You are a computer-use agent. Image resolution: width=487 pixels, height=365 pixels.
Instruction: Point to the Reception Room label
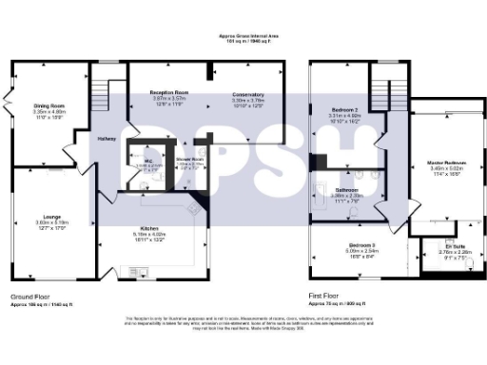pos(169,93)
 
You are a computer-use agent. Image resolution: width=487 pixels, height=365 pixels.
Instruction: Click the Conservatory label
pos(247,94)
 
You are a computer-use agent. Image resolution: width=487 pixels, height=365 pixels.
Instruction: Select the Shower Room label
pos(190,159)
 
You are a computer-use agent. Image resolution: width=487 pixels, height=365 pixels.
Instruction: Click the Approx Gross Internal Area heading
pos(243,37)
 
